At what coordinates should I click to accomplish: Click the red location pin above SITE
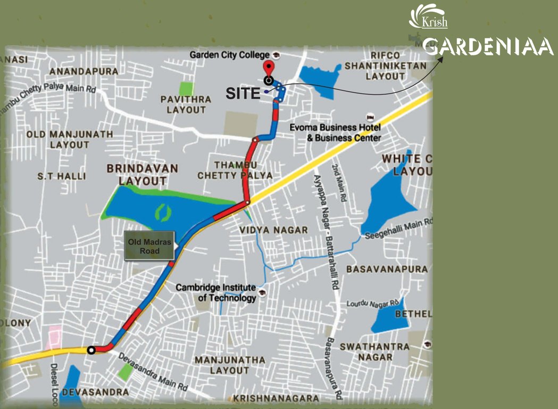(269, 69)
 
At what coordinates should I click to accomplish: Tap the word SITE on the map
(243, 93)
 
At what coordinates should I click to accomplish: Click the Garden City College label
(231, 55)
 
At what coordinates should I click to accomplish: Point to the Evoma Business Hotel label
(335, 133)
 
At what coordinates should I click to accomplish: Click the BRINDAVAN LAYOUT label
(142, 174)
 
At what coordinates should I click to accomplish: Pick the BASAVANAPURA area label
(387, 269)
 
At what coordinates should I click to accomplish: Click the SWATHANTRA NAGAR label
(374, 351)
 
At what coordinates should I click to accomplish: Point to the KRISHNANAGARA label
(276, 398)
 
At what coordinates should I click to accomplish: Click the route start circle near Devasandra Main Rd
(91, 350)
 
